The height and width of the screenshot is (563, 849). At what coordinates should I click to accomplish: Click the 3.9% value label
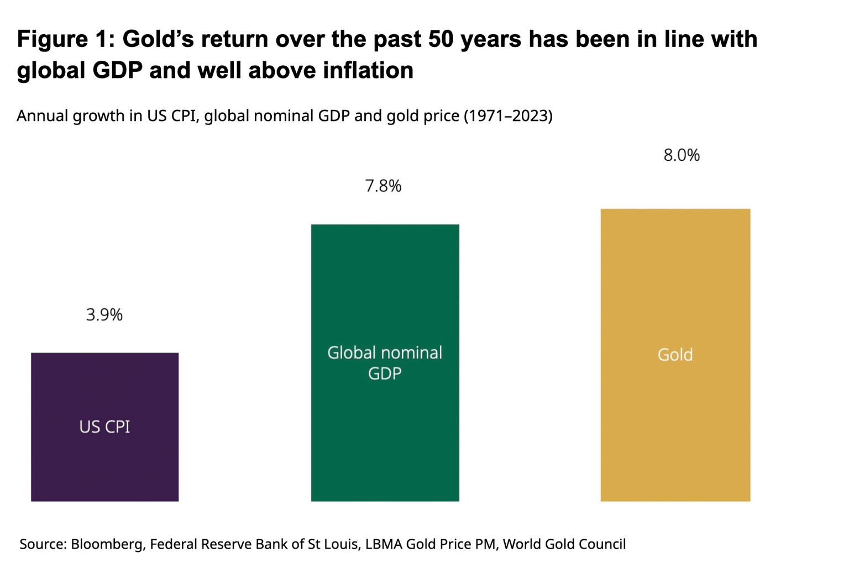(104, 315)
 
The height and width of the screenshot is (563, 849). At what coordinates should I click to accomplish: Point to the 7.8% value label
(383, 186)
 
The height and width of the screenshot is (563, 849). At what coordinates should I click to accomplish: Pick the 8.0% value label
(682, 155)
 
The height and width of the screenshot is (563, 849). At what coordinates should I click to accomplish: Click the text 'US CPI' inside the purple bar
(104, 427)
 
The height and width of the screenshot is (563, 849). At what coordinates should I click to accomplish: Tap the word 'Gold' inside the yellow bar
(675, 355)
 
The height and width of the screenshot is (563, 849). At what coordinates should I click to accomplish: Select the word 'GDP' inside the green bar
(385, 374)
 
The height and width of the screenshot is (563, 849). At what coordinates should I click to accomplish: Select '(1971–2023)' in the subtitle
(508, 116)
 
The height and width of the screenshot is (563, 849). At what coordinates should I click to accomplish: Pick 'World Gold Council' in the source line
(564, 544)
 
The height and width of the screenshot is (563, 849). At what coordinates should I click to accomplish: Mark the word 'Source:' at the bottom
(43, 544)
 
